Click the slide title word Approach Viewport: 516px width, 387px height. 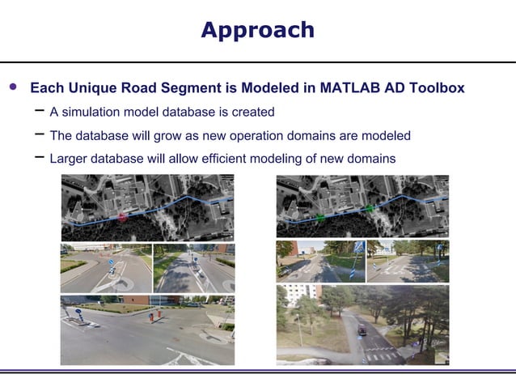[257, 30]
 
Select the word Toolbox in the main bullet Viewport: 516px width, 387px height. [435, 87]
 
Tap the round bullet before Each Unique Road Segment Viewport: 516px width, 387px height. [12, 87]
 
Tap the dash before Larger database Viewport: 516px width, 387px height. [39, 157]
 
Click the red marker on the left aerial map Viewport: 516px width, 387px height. [122, 217]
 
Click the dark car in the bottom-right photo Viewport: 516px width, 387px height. [361, 329]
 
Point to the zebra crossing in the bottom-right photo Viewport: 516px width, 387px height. [380, 353]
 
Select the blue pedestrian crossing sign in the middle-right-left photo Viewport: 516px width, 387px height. [357, 249]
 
